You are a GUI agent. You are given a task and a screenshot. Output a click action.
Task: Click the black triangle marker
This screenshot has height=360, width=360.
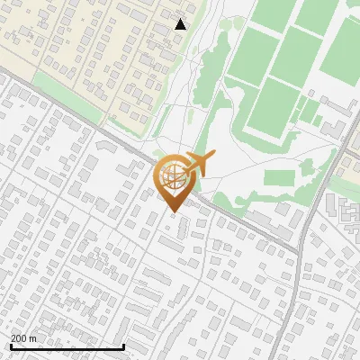tap(180, 24)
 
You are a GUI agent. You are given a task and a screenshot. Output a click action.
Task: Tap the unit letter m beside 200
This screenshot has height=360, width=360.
tap(33, 338)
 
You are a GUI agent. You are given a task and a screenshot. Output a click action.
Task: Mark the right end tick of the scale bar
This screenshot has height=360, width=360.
tap(123, 346)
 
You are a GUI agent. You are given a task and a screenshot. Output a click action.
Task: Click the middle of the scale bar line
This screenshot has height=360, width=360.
tap(67, 346)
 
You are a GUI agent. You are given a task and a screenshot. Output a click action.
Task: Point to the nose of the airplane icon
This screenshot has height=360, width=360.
tap(215, 157)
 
